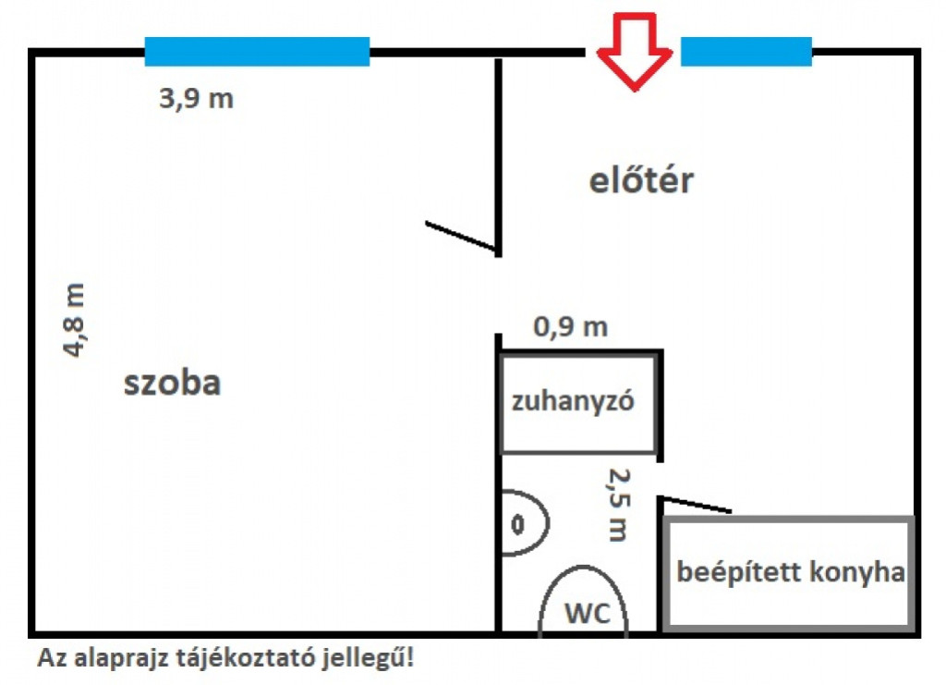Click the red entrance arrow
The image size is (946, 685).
pyautogui.click(x=634, y=52)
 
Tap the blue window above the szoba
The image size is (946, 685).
pyautogui.click(x=257, y=51)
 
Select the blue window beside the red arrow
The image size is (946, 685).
pyautogui.click(x=746, y=51)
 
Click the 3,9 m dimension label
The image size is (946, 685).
pyautogui.click(x=196, y=98)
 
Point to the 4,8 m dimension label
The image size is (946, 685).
pyautogui.click(x=75, y=320)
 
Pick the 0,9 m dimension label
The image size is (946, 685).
pyautogui.click(x=571, y=327)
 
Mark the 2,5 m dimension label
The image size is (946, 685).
pyautogui.click(x=618, y=505)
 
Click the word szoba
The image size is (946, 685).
pyautogui.click(x=172, y=383)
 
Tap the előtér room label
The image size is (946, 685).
pyautogui.click(x=641, y=180)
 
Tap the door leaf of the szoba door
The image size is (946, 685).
pyautogui.click(x=462, y=236)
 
